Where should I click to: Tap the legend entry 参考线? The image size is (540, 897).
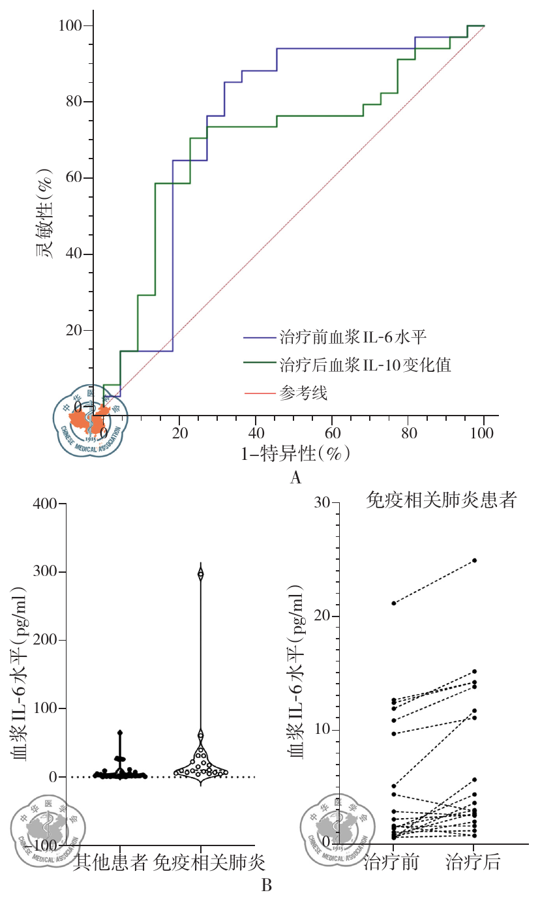click(x=303, y=393)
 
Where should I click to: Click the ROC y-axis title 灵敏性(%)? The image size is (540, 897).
click(x=46, y=215)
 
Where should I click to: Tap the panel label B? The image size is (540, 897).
click(x=266, y=885)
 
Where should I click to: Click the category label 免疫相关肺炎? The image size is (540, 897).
click(x=209, y=862)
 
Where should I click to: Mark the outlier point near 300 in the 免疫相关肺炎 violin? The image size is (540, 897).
click(x=201, y=574)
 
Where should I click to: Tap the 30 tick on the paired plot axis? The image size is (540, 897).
click(x=322, y=503)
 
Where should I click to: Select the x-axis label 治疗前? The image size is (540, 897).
click(x=391, y=862)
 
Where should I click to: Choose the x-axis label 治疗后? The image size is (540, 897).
click(x=473, y=862)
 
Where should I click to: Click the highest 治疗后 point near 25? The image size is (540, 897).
click(x=474, y=560)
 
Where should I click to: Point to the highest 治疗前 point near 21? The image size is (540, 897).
click(x=394, y=603)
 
